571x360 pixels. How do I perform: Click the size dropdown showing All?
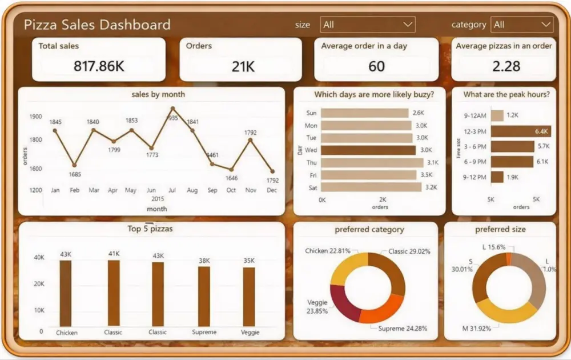click(x=368, y=25)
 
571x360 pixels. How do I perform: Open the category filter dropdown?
click(x=522, y=25)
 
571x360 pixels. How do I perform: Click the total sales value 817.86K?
click(x=99, y=66)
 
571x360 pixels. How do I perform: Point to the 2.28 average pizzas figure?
click(x=506, y=66)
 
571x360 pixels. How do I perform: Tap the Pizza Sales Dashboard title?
click(x=97, y=25)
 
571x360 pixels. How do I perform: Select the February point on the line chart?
click(x=74, y=165)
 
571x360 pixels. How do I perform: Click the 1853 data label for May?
click(x=131, y=121)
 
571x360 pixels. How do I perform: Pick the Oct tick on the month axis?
click(x=231, y=190)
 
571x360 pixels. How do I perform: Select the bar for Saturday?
click(x=371, y=187)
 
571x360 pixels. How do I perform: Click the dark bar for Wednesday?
click(x=368, y=150)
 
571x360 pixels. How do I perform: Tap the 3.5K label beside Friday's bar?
click(x=427, y=175)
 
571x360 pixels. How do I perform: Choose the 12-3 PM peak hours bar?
click(x=521, y=131)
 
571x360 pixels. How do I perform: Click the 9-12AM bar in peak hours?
click(x=497, y=115)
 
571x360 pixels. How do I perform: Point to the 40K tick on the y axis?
click(x=39, y=258)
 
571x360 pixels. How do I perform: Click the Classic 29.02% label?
click(x=409, y=251)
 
